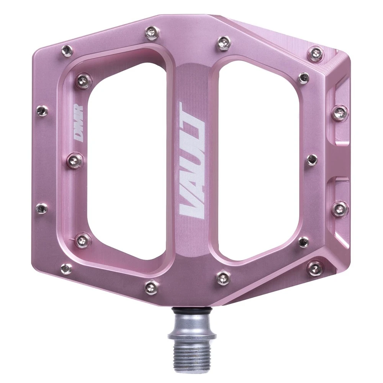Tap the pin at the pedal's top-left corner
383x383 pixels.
[x=67, y=50]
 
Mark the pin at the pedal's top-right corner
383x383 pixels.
[x=316, y=53]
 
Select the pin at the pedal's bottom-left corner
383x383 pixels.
[x=66, y=269]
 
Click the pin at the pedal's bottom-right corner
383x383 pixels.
[x=316, y=268]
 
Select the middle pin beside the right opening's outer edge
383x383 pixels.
[x=312, y=159]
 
